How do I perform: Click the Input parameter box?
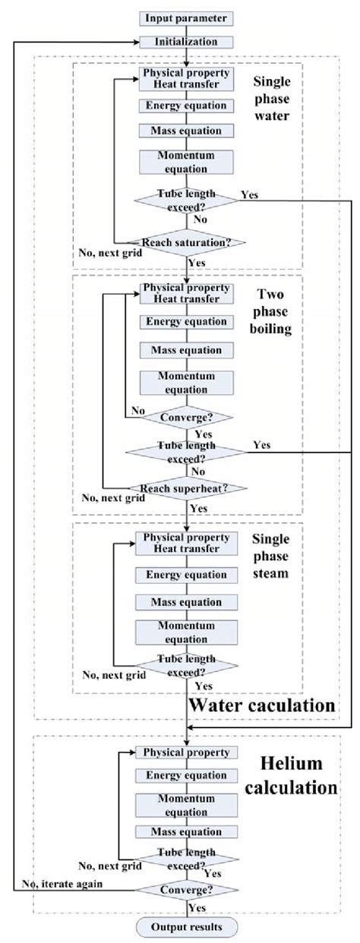pos(186,17)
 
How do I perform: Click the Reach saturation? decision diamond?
pos(186,242)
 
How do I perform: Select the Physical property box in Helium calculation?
pos(186,752)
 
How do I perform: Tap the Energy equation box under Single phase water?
pos(186,106)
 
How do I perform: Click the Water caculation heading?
pos(262,705)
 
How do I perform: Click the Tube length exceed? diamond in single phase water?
pos(186,200)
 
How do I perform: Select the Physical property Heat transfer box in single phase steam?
pos(186,543)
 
